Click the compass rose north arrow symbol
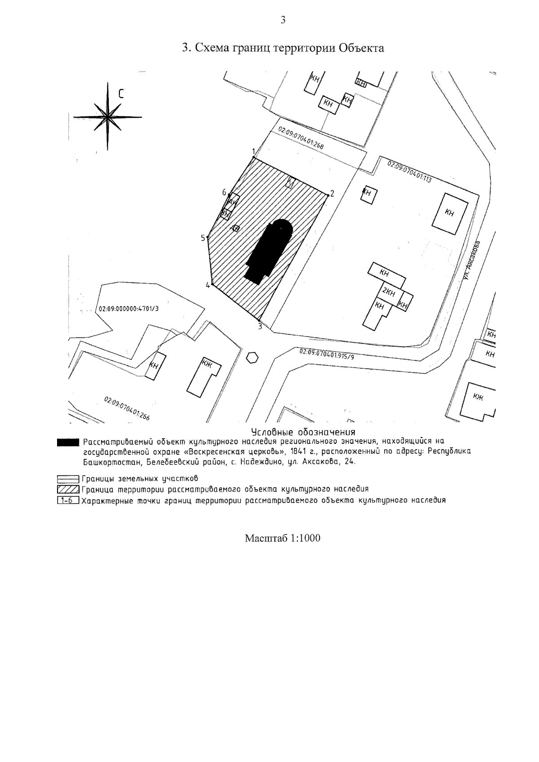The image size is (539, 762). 108,117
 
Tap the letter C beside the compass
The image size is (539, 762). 121,93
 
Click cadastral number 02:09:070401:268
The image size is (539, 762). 301,138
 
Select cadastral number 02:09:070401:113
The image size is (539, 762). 409,172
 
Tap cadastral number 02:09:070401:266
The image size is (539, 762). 127,408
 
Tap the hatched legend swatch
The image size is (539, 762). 68,489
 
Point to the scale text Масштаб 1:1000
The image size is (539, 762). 283,538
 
